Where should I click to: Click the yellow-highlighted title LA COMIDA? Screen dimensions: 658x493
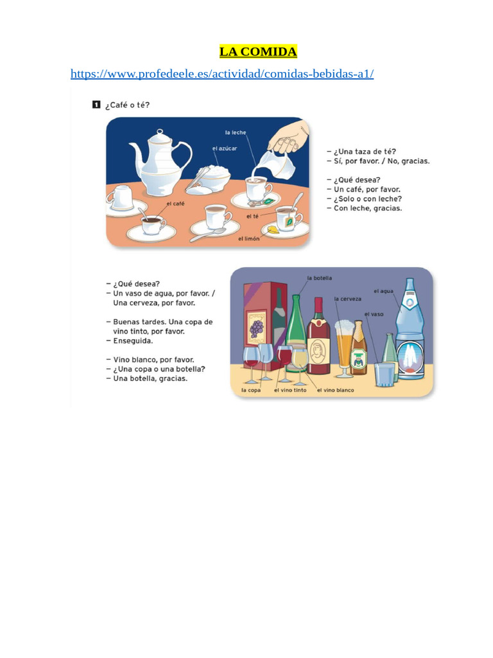(258, 51)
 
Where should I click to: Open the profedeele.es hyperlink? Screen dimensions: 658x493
(222, 74)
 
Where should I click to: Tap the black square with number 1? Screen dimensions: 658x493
(96, 104)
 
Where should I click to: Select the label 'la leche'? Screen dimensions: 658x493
(236, 133)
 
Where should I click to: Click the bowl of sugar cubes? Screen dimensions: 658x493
(212, 177)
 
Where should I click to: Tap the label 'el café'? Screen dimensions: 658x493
(175, 203)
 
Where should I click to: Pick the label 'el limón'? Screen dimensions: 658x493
(249, 238)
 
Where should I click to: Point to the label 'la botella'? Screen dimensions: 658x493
(320, 278)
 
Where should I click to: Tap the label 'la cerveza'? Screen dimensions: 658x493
(348, 299)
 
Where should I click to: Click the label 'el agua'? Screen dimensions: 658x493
(384, 291)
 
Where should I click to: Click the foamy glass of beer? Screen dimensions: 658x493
(344, 347)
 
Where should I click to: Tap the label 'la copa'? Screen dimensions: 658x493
(251, 390)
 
